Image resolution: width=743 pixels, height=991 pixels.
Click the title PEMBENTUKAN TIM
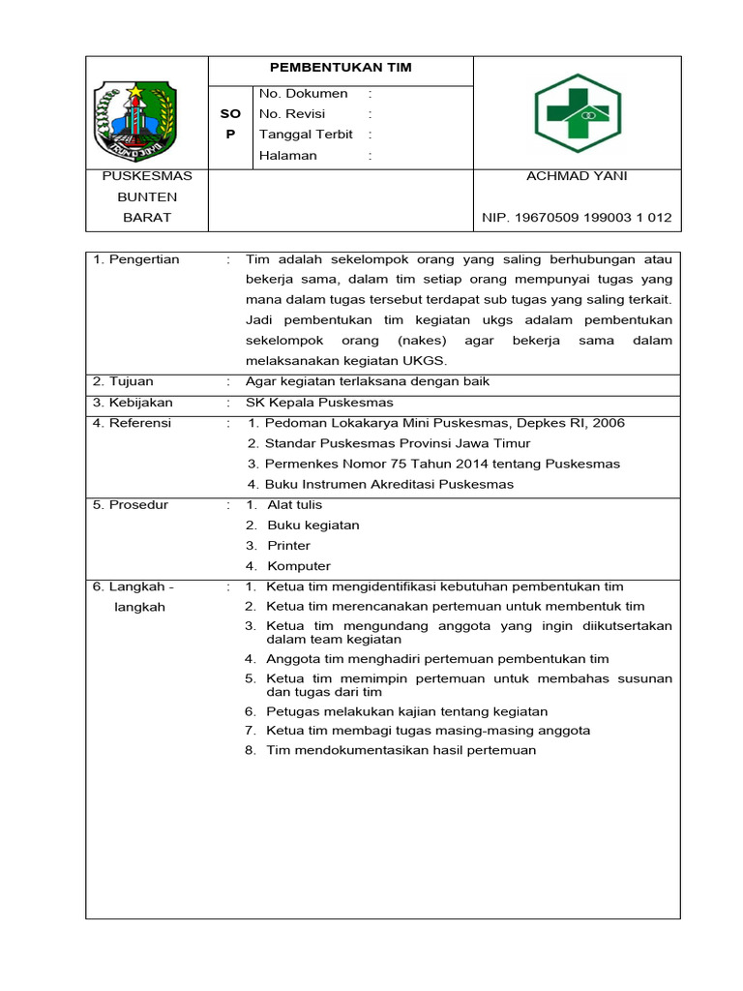[341, 68]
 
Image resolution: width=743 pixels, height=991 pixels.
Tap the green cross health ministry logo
[578, 113]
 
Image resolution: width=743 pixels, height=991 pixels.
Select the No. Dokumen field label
[304, 94]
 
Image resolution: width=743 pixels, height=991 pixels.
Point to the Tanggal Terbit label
[306, 135]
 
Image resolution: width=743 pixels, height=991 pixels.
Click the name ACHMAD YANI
[577, 176]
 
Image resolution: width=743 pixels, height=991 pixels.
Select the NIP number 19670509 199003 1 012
[577, 218]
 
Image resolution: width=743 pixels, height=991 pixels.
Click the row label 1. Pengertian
[136, 259]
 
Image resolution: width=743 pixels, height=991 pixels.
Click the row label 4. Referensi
[132, 423]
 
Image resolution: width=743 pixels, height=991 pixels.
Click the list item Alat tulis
[295, 505]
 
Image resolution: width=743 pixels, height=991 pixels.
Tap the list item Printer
[288, 546]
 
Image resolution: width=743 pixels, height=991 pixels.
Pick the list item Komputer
[299, 566]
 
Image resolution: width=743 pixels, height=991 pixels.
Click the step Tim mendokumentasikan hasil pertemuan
[401, 750]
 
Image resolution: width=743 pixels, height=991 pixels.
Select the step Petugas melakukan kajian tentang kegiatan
[407, 711]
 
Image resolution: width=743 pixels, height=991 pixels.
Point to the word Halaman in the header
[288, 155]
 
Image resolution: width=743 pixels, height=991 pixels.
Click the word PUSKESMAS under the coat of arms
[147, 176]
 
